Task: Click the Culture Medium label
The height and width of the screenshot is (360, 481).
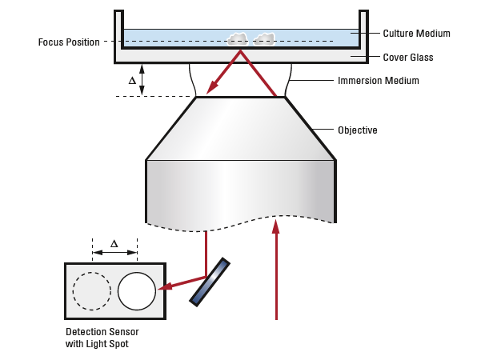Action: (x=416, y=34)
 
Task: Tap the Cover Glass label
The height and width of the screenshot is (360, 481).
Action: (x=407, y=57)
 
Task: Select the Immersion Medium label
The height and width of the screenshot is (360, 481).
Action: (x=378, y=81)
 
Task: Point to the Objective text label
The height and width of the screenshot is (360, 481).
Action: (x=357, y=130)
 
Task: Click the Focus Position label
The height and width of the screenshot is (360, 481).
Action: (x=69, y=42)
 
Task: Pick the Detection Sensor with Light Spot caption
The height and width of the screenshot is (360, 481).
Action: (x=97, y=338)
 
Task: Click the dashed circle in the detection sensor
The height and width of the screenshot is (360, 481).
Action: (x=92, y=291)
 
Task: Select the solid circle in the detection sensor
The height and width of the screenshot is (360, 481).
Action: (x=137, y=291)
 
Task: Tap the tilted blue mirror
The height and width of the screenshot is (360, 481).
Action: (x=210, y=281)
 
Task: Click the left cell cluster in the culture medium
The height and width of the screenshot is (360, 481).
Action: (x=238, y=38)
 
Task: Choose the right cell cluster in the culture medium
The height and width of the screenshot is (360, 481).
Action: (x=264, y=38)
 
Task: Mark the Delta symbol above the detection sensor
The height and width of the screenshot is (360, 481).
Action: (x=114, y=243)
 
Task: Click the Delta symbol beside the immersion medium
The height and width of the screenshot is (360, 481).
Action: (x=132, y=81)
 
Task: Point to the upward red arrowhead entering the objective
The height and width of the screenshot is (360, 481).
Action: (x=276, y=226)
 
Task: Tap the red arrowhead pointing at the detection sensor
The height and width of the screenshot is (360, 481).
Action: (x=166, y=286)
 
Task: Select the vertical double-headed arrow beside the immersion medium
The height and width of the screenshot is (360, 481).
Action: (x=142, y=80)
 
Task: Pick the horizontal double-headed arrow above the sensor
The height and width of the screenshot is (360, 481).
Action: (x=114, y=254)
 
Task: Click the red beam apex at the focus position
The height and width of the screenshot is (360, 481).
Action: (x=241, y=51)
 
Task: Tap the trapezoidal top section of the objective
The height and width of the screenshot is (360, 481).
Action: (x=240, y=128)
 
